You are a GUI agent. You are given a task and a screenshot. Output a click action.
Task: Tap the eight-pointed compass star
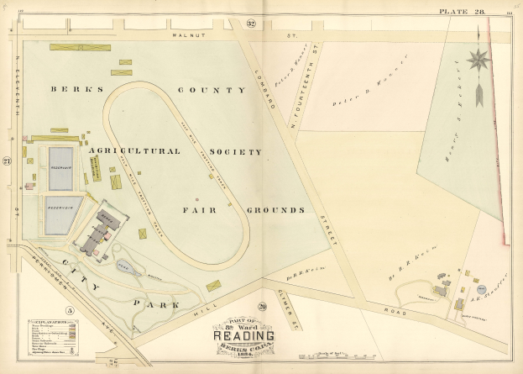click(x=479, y=60)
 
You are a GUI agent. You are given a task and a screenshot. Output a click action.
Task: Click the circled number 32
click(x=251, y=24)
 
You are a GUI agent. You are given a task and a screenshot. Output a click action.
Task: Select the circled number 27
click(x=7, y=161)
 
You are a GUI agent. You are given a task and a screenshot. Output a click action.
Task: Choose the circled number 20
click(x=262, y=307)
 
